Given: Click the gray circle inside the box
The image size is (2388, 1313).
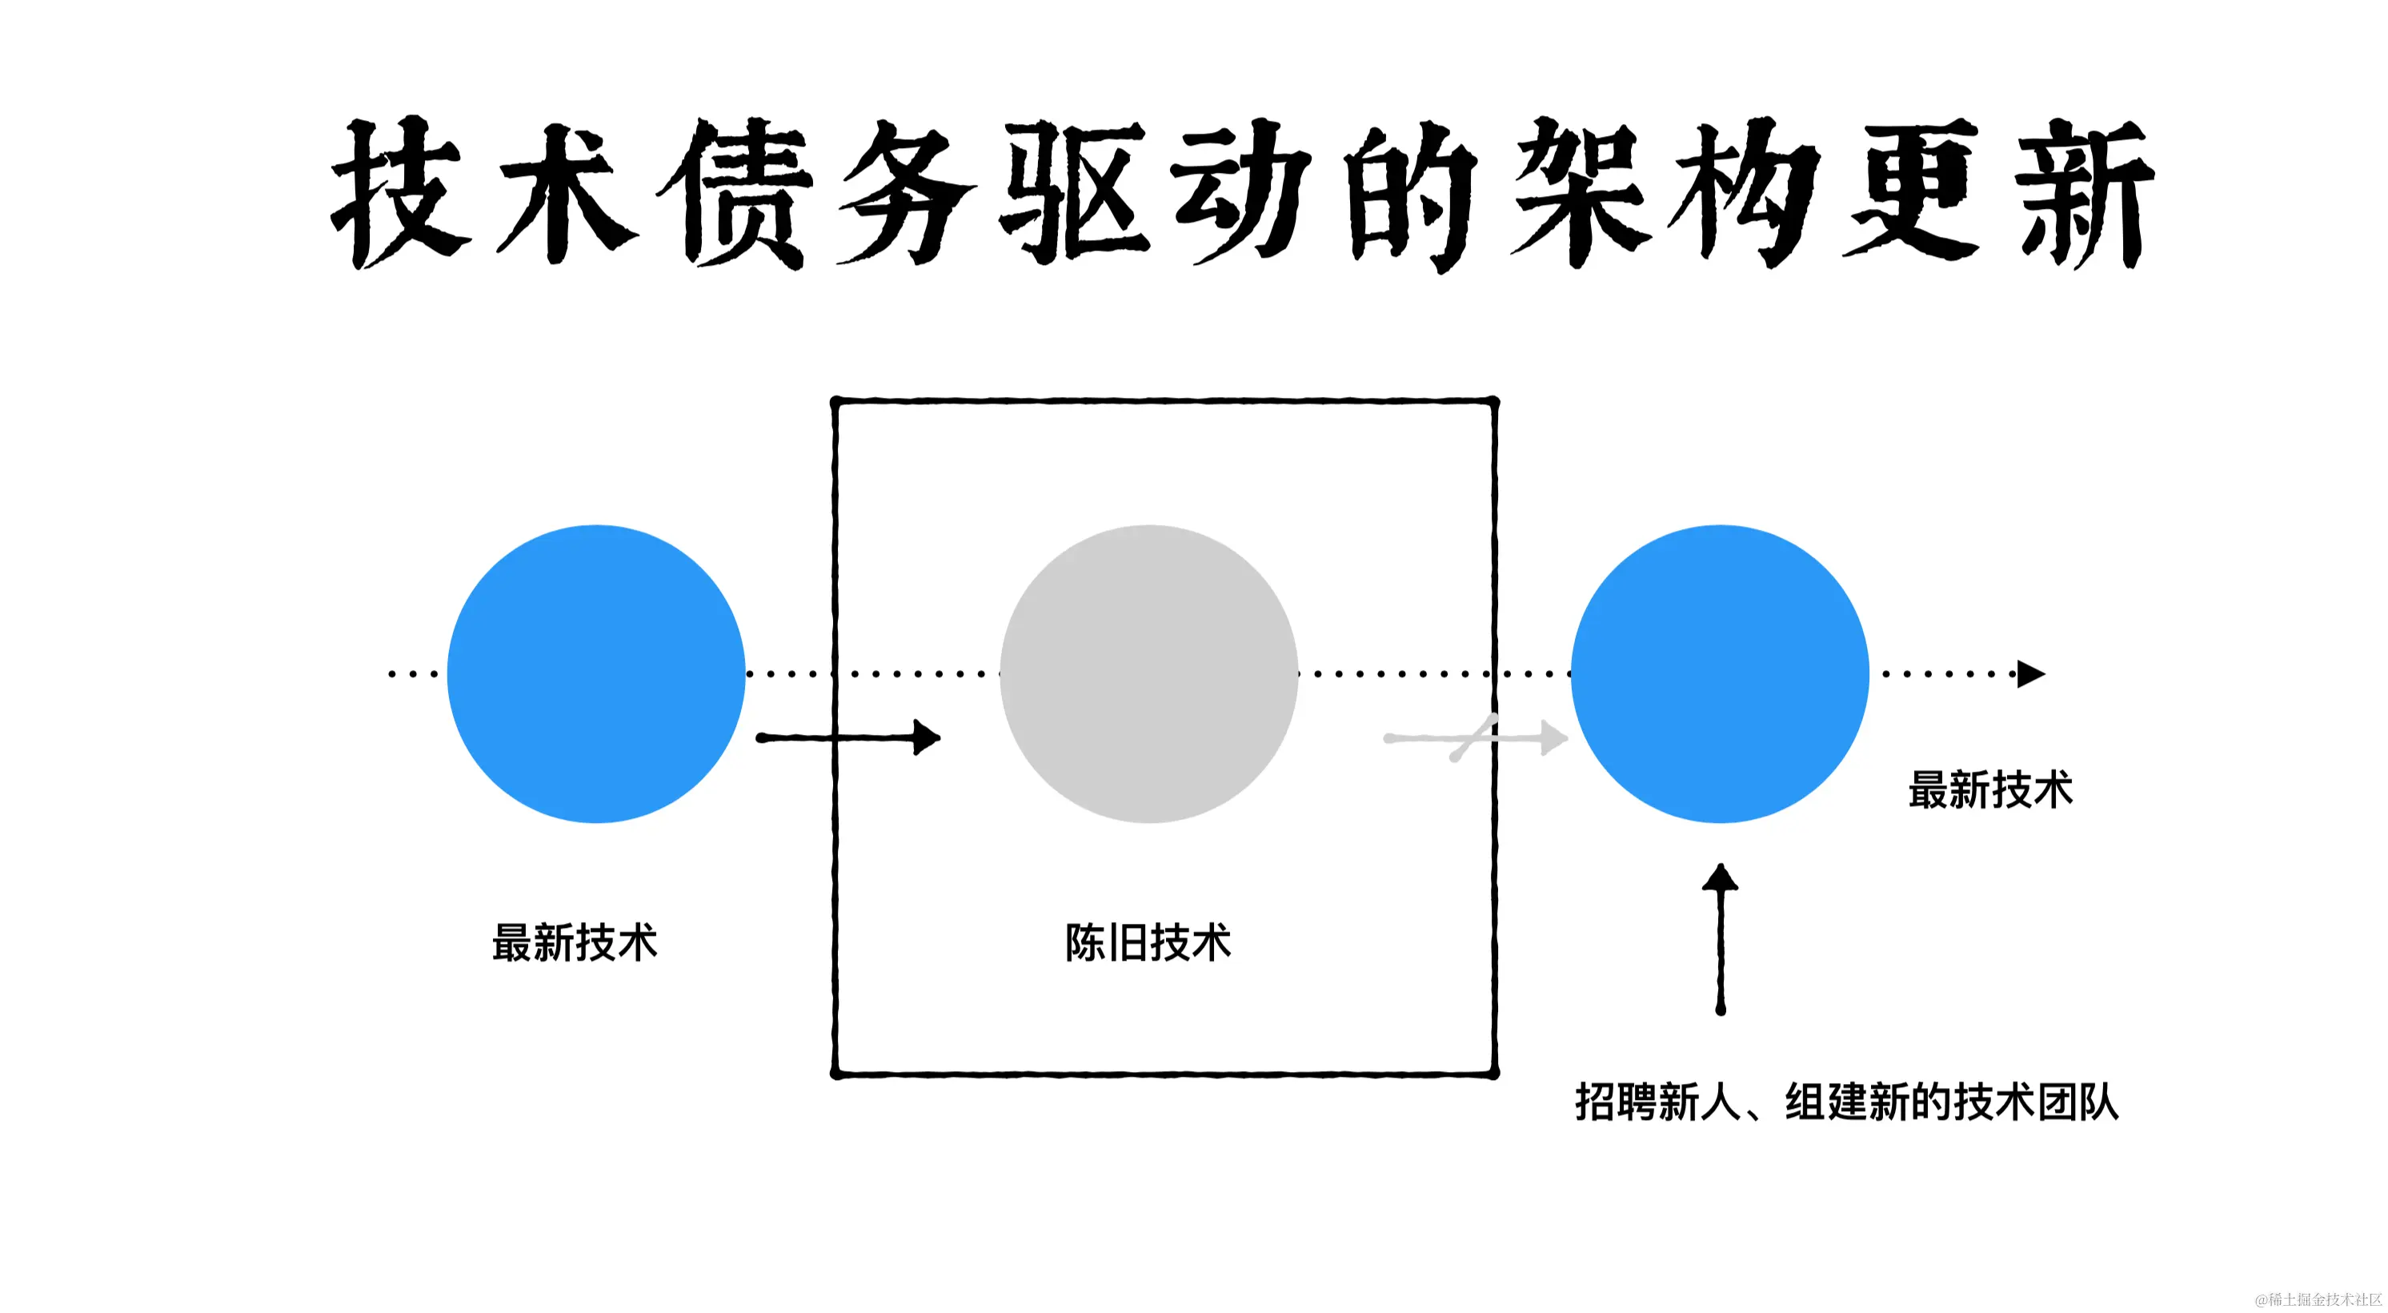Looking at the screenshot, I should pos(1148,673).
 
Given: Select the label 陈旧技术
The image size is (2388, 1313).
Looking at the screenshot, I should pos(1148,943).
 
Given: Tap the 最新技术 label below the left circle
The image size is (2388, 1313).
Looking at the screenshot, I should pos(575,943).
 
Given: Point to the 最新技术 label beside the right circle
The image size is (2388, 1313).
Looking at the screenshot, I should pos(1990,790).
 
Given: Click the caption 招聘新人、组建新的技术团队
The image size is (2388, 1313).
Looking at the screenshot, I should pos(1847,1102).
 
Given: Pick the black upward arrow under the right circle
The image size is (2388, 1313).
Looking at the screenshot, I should pos(1721,938).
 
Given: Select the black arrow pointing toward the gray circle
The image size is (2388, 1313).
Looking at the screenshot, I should pos(848,738).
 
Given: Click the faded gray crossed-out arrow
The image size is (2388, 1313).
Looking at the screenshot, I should pos(1475,738).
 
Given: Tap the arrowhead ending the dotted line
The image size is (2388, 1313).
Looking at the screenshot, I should pos(2030,673).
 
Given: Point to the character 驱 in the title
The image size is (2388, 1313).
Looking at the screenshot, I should pos(1076,193).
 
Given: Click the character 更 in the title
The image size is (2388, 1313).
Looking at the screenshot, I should pos(1914,193).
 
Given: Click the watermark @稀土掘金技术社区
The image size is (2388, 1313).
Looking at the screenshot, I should pos(2318,1299).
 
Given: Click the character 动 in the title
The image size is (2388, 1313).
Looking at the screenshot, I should pos(1242,193).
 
